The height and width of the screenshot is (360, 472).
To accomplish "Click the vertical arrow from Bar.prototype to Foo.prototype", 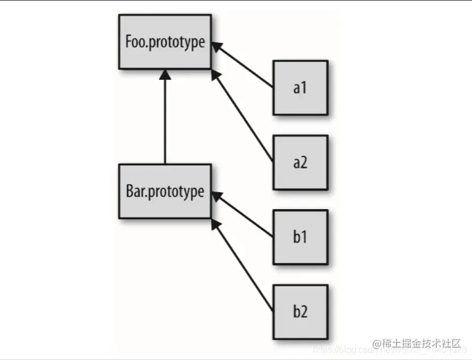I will pos(164,119).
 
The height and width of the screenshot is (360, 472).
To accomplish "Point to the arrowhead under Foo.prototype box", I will pos(164,74).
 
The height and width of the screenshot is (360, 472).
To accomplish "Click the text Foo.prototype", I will pos(164,43).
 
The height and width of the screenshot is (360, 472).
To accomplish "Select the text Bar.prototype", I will pos(164,191).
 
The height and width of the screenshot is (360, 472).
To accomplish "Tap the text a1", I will pos(300,88).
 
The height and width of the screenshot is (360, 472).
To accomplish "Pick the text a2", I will pos(300,163).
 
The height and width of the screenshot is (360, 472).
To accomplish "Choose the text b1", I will pos(300,237).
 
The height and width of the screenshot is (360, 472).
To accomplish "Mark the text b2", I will pos(300,311).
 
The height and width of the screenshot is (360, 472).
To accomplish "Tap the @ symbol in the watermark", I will pos(376,344).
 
